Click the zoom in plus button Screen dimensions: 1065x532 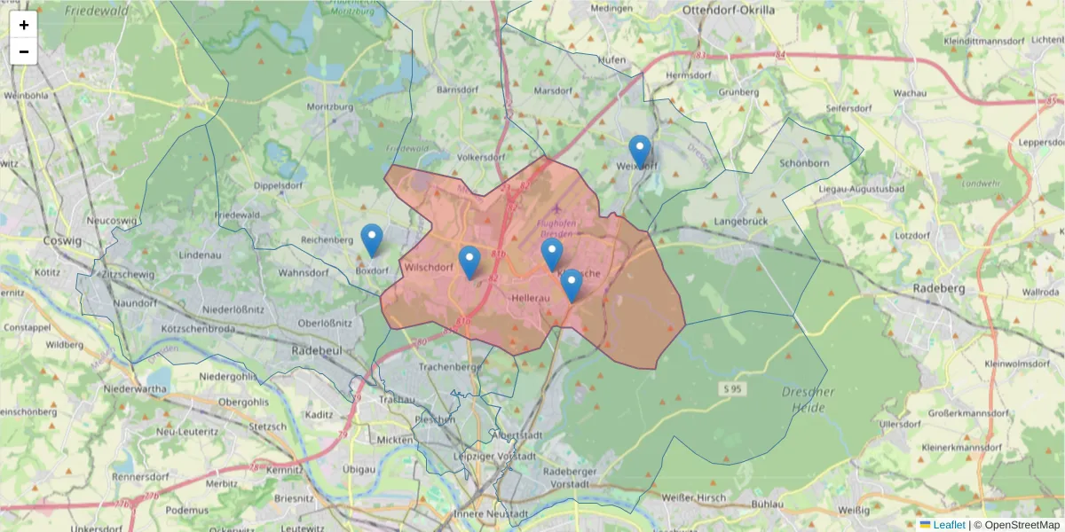(23, 25)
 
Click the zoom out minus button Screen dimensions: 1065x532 (23, 51)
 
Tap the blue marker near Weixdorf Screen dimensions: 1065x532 (639, 152)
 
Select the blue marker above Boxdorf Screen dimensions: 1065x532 (372, 240)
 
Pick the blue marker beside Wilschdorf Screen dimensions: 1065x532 (469, 262)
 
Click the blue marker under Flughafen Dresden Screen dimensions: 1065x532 (552, 254)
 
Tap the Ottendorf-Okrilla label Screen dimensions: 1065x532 (728, 10)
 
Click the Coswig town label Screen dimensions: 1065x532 (62, 240)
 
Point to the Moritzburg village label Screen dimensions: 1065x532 (329, 106)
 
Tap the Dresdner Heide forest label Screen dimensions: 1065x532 (809, 400)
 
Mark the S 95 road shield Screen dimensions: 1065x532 (731, 389)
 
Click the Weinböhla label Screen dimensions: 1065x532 (25, 94)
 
